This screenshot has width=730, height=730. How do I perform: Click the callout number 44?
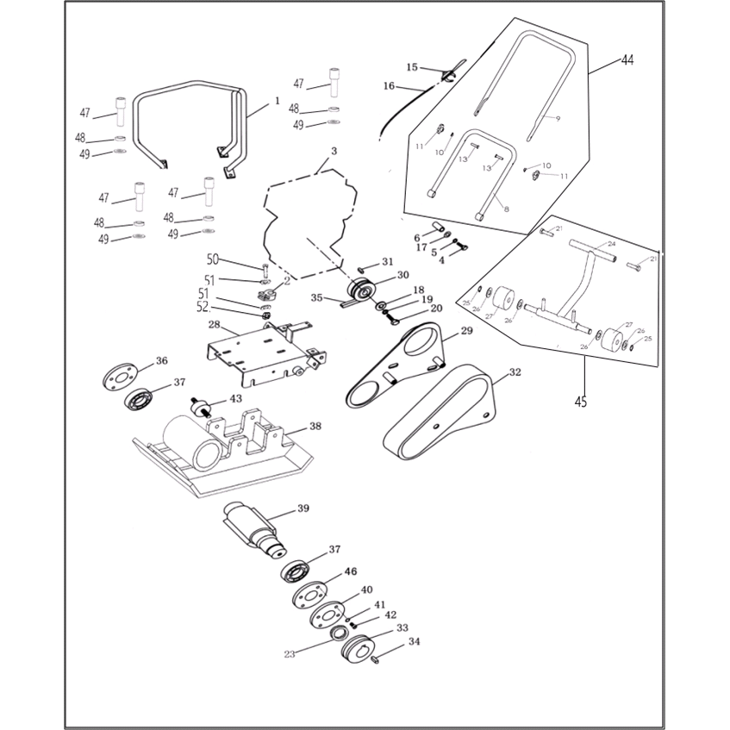pos(627,60)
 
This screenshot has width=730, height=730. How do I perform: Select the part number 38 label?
pos(315,426)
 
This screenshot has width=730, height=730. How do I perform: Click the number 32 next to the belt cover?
pos(515,373)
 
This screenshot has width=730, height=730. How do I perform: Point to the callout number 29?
pos(466,331)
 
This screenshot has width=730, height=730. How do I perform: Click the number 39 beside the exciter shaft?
pos(303,509)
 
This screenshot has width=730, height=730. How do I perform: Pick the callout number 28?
pos(214,326)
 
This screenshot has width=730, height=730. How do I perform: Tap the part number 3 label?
pos(334,152)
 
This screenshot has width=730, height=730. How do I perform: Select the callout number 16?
pos(389,86)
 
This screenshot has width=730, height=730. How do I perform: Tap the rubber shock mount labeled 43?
pos(199,405)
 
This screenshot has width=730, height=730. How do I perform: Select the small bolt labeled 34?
pos(376,659)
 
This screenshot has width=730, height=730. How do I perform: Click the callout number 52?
pos(203,306)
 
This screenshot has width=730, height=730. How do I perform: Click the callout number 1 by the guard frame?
pos(278,101)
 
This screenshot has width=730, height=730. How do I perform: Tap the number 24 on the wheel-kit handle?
pos(611,244)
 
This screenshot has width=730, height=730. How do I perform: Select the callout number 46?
pos(351,571)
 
